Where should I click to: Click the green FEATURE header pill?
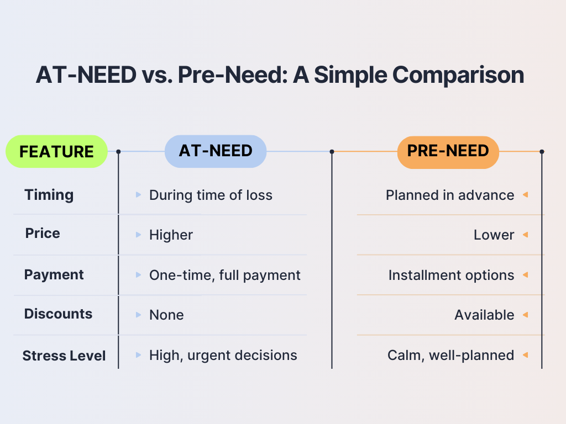[57, 151]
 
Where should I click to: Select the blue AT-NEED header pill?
[216, 151]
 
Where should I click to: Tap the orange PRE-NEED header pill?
[448, 152]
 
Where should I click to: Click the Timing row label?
[49, 195]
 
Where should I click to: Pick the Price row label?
[43, 234]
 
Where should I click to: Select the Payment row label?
[54, 275]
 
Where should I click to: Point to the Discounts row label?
[58, 314]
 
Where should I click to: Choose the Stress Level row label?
[64, 356]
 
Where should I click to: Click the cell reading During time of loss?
[211, 195]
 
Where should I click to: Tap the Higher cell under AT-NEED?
[171, 235]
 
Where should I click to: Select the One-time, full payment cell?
[225, 275]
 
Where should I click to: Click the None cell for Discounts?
[166, 315]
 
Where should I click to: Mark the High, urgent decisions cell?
[223, 356]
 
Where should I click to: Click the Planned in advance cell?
[450, 195]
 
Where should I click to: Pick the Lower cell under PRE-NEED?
[494, 235]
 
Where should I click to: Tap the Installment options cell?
[451, 275]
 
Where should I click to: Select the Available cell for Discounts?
[484, 315]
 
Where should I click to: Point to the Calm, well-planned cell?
[451, 356]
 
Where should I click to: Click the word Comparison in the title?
[458, 75]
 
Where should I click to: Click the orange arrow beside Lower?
[526, 235]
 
